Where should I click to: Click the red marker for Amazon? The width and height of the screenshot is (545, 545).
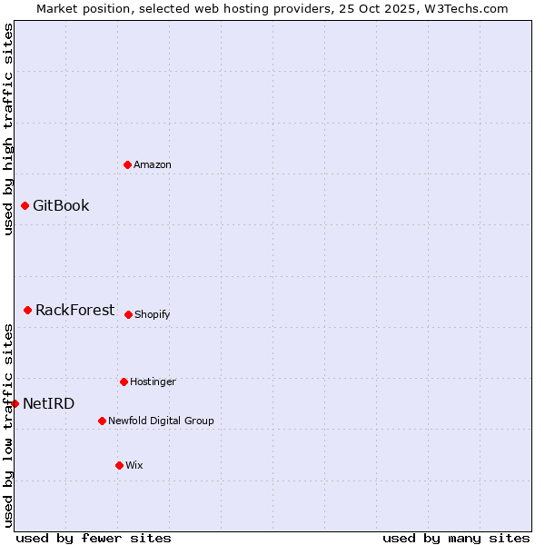pos(128,164)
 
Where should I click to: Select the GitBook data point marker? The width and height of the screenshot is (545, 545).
pos(25,205)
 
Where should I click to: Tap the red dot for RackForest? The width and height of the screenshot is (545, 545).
pos(28,310)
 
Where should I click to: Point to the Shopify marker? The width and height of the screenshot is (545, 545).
pos(128,314)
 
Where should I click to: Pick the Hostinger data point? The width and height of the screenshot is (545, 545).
pos(124,381)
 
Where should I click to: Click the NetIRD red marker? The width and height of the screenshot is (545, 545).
pos(15,403)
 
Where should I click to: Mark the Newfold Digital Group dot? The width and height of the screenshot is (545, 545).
pos(102,421)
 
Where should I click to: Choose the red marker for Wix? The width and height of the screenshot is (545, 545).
pos(119,465)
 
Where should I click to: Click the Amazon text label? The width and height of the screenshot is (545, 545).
pos(153,164)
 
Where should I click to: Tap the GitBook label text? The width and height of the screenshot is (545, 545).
pos(61,205)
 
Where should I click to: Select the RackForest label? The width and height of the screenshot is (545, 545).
pos(75,310)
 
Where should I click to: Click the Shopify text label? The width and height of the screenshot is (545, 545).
pos(153,314)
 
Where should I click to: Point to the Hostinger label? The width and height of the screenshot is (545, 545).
pos(153,381)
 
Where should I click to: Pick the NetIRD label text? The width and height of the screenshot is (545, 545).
pos(49,403)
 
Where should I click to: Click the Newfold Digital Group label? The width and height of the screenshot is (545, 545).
pos(162,421)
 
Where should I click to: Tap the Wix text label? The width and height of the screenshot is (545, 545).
pos(134,465)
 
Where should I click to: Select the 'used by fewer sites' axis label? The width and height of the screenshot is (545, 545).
pos(94,538)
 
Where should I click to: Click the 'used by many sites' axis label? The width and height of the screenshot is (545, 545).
pos(456,538)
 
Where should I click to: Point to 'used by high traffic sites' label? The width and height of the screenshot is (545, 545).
pos(8,129)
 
